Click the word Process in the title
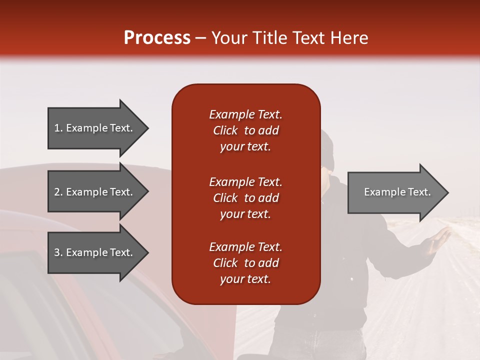[x=157, y=38]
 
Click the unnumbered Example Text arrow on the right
[x=397, y=192]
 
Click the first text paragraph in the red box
[x=245, y=130]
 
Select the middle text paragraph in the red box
[x=245, y=198]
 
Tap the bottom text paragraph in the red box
[x=245, y=263]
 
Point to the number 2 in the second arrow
[x=56, y=192]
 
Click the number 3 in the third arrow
[x=56, y=252]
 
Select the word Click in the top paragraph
[x=225, y=130]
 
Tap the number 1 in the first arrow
[x=56, y=128]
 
